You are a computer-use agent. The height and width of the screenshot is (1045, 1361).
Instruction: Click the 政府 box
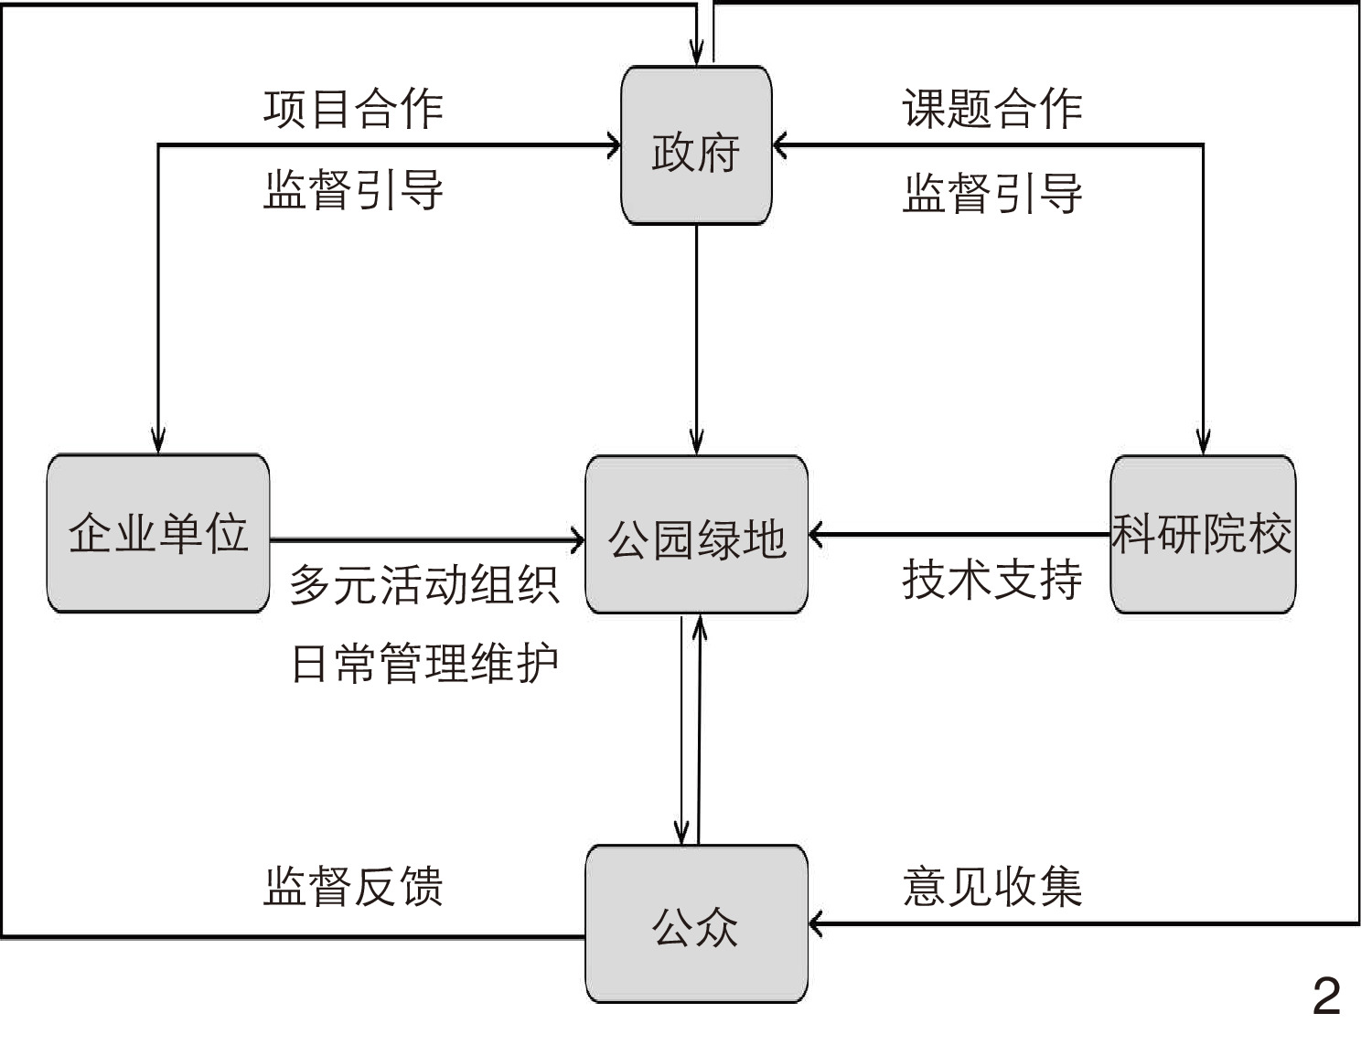[x=696, y=145]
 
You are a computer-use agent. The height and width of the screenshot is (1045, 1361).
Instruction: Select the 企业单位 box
[x=158, y=533]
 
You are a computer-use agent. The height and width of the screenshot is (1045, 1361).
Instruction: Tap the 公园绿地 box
[x=696, y=535]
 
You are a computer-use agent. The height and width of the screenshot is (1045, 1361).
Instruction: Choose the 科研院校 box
[x=1202, y=534]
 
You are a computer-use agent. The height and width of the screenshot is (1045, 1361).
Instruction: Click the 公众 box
[x=696, y=923]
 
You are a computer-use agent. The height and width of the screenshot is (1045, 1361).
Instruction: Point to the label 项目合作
[x=353, y=109]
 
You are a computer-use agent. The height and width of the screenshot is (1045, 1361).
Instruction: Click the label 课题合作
[x=992, y=109]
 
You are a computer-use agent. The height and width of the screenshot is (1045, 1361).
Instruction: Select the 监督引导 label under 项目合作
[x=353, y=190]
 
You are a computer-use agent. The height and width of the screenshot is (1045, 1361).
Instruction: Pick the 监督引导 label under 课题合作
[x=992, y=192]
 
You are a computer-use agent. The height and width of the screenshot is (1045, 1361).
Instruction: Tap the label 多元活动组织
[x=423, y=584]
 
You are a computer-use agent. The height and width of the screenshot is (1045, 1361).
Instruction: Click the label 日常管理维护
[x=423, y=663]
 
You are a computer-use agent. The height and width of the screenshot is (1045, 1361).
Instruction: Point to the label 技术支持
[x=992, y=579]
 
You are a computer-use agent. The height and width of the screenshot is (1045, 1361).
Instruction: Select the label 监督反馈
[x=353, y=886]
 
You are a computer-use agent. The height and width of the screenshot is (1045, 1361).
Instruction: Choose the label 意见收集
[x=992, y=886]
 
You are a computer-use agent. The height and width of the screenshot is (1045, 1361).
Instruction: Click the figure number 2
[x=1326, y=996]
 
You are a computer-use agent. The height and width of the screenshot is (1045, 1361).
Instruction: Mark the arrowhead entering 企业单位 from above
[x=158, y=443]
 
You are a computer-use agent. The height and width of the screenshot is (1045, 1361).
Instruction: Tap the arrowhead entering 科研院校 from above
[x=1203, y=443]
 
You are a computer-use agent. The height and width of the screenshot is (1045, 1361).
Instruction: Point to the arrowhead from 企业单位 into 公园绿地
[x=577, y=539]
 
